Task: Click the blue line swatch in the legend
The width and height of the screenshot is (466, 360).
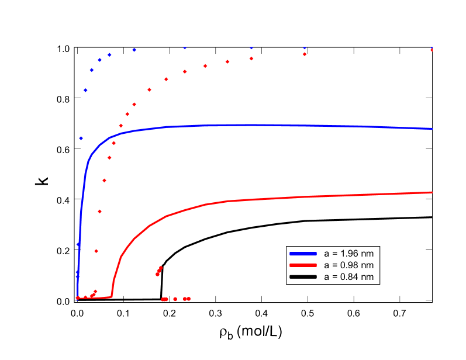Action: (x=303, y=254)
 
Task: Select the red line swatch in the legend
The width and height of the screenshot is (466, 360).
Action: (x=303, y=265)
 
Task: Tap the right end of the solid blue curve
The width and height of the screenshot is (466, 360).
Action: (x=432, y=129)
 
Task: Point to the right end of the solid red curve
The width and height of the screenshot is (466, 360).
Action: (x=432, y=192)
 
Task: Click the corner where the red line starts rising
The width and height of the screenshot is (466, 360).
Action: (x=112, y=297)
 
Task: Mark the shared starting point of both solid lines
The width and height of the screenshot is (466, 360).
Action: (x=78, y=298)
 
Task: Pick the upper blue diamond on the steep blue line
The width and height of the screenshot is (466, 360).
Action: (x=78, y=244)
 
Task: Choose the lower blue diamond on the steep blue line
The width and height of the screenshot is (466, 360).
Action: (x=77, y=272)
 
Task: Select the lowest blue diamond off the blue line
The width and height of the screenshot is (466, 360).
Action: (x=81, y=138)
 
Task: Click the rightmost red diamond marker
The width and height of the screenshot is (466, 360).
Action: (x=432, y=50)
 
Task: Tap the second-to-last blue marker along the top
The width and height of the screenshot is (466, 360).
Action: (x=304, y=48)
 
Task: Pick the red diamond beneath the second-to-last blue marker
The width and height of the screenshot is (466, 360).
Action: (x=305, y=54)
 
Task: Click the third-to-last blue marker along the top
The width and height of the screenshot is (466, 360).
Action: (x=251, y=48)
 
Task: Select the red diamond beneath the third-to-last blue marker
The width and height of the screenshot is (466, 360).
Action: (x=251, y=58)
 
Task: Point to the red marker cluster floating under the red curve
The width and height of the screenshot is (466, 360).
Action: (x=159, y=271)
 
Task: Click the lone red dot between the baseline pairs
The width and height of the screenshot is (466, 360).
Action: (x=175, y=299)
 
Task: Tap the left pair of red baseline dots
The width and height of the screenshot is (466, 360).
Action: (x=164, y=299)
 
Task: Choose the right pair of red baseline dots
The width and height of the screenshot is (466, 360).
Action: (x=187, y=299)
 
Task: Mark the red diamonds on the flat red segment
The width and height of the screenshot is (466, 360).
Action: (x=93, y=294)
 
